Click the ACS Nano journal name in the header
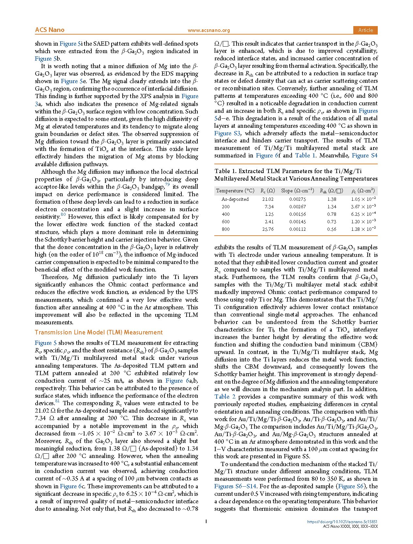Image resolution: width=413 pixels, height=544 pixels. tap(50, 30)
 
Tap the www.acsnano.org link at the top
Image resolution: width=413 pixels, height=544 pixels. tap(209, 30)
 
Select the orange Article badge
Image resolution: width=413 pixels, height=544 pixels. tap(365, 30)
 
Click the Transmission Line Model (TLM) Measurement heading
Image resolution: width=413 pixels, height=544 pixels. tap(99, 332)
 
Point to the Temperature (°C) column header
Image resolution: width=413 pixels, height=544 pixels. tap(235, 191)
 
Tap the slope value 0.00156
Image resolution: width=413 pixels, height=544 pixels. tap(298, 214)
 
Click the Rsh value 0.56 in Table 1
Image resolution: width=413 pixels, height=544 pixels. tap(331, 229)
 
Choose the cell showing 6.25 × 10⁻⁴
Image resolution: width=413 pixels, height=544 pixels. tap(363, 214)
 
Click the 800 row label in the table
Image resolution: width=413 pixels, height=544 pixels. tap(225, 229)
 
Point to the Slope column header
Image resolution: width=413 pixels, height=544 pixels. tap(297, 191)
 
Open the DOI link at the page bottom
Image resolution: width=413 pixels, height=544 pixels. tap(342, 522)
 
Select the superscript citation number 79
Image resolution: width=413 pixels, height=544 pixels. tap(167, 184)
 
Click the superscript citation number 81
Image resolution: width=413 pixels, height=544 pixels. tap(57, 401)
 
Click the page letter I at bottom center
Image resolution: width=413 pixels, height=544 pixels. tap(206, 522)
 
